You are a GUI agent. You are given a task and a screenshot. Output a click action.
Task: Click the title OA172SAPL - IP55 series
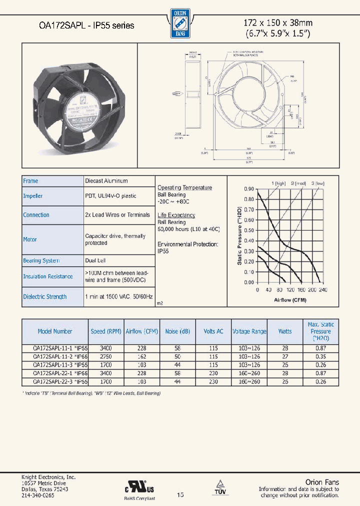coord(86,25)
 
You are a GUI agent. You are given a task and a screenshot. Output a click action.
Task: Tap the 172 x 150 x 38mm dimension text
coord(278,22)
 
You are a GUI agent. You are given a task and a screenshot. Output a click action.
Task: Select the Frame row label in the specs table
coord(30,181)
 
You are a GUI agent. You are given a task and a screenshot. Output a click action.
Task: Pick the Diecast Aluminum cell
coord(106,181)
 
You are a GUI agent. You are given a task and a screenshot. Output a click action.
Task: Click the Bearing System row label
coord(41,260)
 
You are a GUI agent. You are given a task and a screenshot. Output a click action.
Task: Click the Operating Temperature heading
coord(185,187)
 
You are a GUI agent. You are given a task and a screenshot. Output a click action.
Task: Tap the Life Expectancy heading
coord(176,215)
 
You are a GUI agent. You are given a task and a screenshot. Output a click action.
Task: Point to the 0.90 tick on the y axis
coord(249,189)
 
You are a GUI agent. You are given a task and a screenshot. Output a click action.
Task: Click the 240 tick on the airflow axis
coord(323,290)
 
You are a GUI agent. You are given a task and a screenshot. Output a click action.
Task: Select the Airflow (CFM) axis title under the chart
coord(290,300)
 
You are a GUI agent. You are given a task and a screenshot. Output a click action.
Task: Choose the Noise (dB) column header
coord(178,331)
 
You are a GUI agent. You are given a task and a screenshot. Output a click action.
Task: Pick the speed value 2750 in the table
coord(105,357)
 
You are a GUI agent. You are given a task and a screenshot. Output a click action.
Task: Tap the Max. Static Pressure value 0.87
coord(320,347)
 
